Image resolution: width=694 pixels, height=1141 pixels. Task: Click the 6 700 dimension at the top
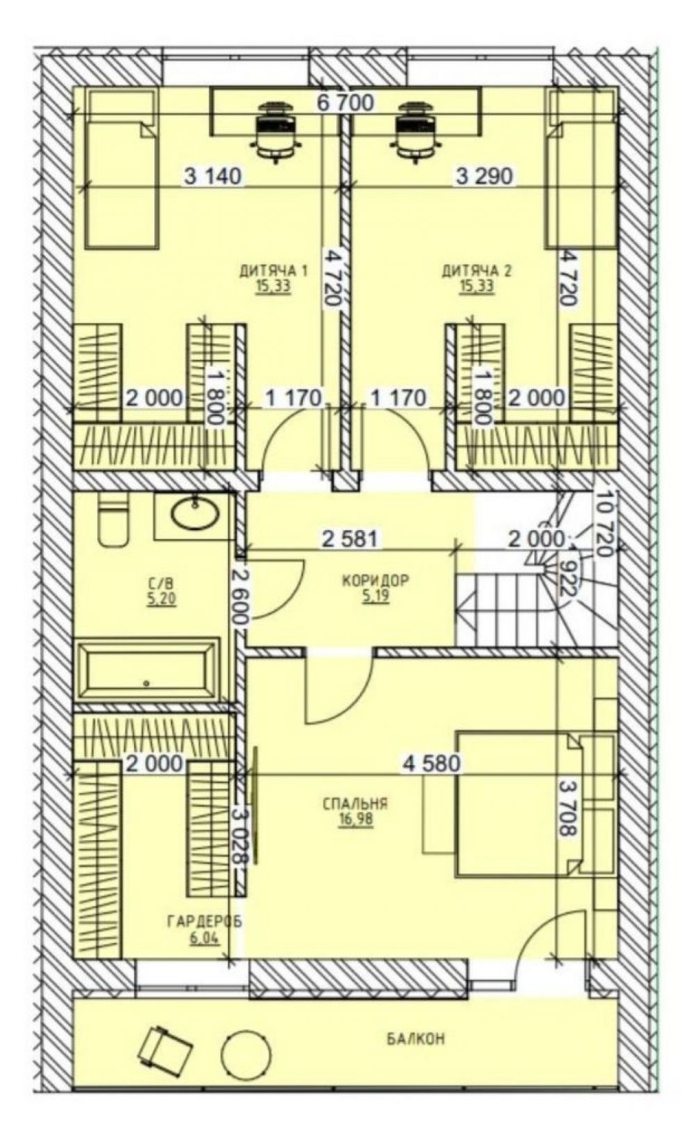pyautogui.click(x=345, y=104)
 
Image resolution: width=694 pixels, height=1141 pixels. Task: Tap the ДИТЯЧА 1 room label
pyautogui.click(x=274, y=270)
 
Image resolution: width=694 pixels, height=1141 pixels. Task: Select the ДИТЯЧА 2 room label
pyautogui.click(x=476, y=270)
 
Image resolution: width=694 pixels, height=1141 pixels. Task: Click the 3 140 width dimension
pyautogui.click(x=213, y=177)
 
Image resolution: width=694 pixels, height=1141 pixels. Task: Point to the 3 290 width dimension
pyautogui.click(x=484, y=177)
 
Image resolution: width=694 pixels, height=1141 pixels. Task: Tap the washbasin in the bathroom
pyautogui.click(x=195, y=513)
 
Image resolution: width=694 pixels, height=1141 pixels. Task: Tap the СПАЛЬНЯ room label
pyautogui.click(x=355, y=804)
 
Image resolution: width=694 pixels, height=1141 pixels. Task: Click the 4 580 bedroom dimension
pyautogui.click(x=432, y=762)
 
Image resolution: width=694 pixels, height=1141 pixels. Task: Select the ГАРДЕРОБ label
pyautogui.click(x=204, y=921)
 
